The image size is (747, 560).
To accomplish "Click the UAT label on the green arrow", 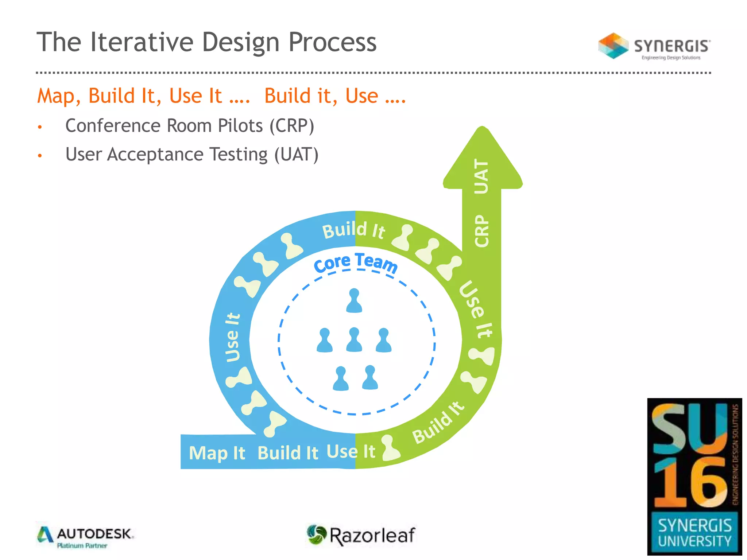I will pyautogui.click(x=481, y=176).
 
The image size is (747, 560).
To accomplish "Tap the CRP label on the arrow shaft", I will pyautogui.click(x=481, y=230).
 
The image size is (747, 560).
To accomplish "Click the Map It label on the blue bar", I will pyautogui.click(x=217, y=453).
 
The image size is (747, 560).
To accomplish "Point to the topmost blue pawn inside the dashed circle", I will pyautogui.click(x=354, y=300).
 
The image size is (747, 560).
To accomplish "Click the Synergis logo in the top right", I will pyautogui.click(x=654, y=46).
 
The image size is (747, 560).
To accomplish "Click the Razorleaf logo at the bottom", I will pyautogui.click(x=361, y=535).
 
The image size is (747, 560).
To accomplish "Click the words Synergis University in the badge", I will pyautogui.click(x=694, y=533).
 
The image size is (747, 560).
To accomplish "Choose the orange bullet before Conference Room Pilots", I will pyautogui.click(x=40, y=127).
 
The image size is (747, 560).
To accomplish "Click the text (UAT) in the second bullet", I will pyautogui.click(x=296, y=154).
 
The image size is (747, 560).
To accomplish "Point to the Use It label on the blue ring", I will pyautogui.click(x=232, y=337).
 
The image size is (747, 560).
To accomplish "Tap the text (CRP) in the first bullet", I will pyautogui.click(x=292, y=126).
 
